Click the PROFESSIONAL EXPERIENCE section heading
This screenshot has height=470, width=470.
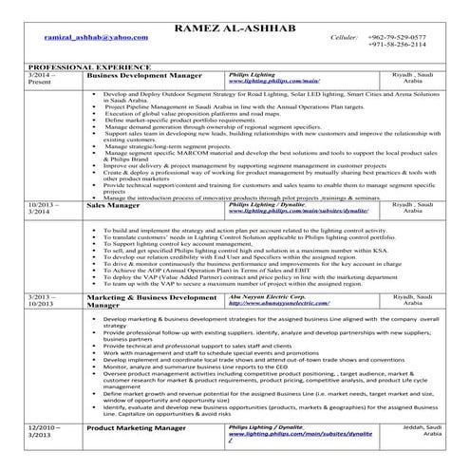pos(72,67)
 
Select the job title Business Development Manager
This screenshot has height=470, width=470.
pos(141,75)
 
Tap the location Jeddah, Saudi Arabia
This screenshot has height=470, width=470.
pos(415,432)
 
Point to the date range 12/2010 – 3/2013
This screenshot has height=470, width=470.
pos(48,432)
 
